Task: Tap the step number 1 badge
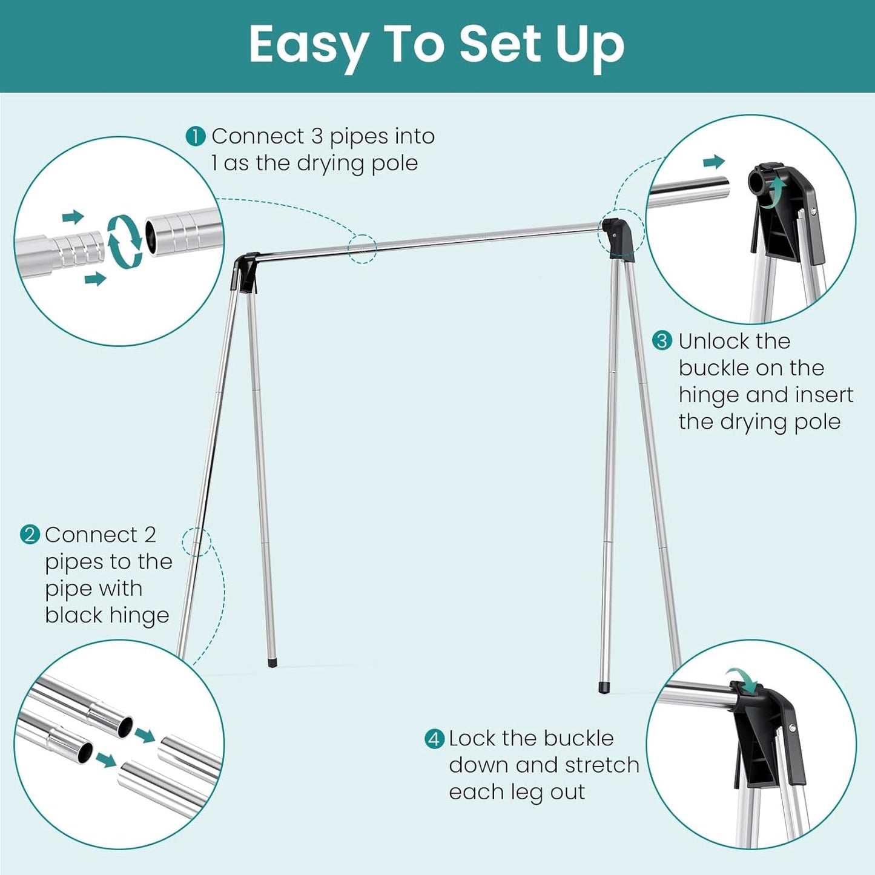point(196,136)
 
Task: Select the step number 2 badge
point(29,535)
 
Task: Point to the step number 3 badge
point(662,341)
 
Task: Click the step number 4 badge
point(434,739)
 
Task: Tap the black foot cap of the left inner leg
point(272,663)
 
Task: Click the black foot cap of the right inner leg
point(604,688)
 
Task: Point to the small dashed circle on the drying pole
point(363,249)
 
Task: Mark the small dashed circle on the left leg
point(197,541)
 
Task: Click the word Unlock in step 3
point(716,342)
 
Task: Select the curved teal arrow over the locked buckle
point(743,680)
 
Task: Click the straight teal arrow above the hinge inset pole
point(714,162)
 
